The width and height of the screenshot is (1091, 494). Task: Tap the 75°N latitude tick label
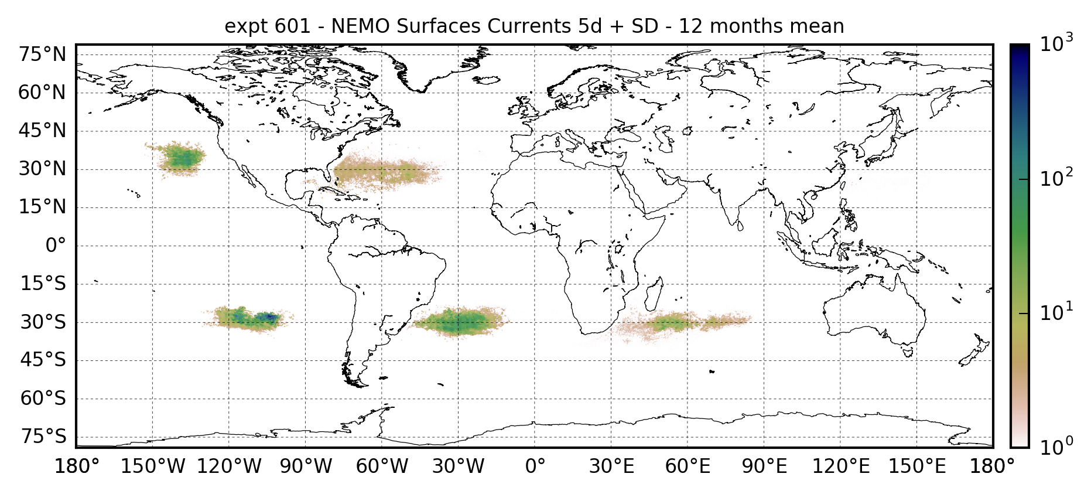[42, 55]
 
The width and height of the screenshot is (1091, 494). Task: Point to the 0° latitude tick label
[56, 246]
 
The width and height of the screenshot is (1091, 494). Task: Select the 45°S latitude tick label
[43, 360]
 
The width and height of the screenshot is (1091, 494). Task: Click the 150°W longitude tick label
[153, 466]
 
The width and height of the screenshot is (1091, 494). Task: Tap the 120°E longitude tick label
[840, 466]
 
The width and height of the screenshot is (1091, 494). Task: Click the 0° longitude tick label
[535, 466]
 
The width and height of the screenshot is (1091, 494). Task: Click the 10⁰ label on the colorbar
[1056, 447]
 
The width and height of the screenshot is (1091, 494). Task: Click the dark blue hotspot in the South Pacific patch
[270, 316]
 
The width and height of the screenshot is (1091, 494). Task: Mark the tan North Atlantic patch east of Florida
[384, 172]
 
